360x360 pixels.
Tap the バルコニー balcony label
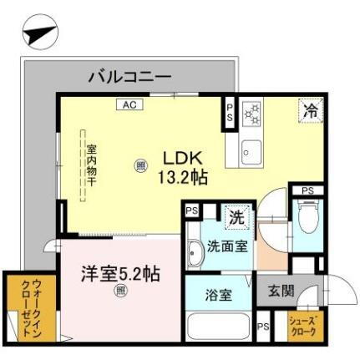[x=129, y=77]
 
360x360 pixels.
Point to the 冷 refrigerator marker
[x=309, y=109]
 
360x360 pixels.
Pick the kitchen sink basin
[x=249, y=152]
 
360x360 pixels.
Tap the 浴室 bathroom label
[x=219, y=294]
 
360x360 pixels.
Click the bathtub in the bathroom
[x=219, y=327]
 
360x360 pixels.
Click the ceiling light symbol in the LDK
[x=139, y=165]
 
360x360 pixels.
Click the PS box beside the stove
[x=230, y=114]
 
